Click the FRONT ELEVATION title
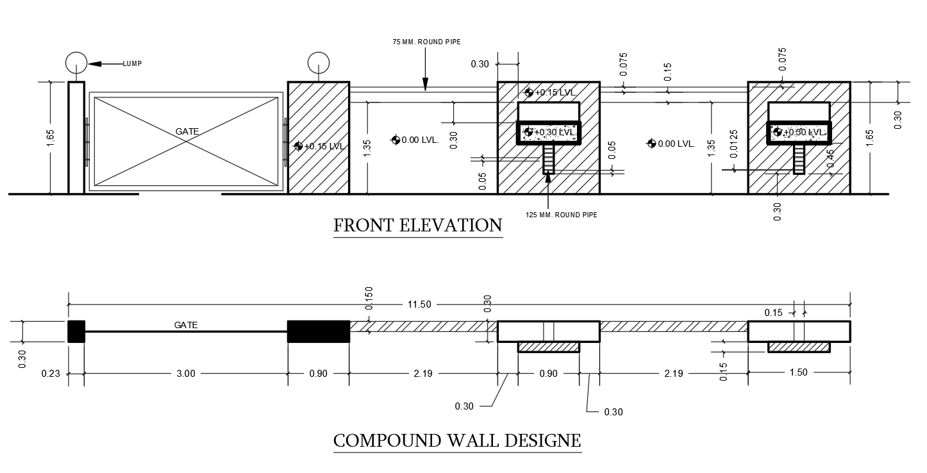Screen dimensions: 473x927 click(418, 226)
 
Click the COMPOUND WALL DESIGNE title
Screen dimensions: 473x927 click(457, 441)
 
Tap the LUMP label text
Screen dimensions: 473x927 click(133, 63)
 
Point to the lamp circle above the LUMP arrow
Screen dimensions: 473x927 click(76, 63)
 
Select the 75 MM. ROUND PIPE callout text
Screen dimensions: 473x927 click(426, 42)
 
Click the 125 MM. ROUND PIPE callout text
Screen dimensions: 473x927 click(562, 215)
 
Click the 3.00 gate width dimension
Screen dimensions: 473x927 click(185, 374)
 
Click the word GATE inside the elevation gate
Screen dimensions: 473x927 click(187, 131)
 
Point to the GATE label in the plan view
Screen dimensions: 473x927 click(186, 325)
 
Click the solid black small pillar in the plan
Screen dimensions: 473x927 click(76, 331)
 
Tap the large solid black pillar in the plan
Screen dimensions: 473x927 click(318, 331)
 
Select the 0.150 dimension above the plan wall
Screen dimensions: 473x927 click(369, 298)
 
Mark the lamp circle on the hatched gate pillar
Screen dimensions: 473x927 click(318, 63)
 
